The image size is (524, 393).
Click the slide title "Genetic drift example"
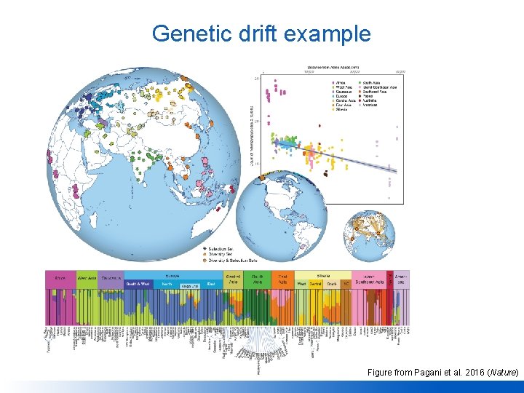coord(261,33)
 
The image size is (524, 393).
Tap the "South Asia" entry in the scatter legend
coord(376,82)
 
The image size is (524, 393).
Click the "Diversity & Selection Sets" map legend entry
coord(232,260)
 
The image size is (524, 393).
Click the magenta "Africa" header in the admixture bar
coord(60,278)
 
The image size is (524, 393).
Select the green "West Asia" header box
coord(87,278)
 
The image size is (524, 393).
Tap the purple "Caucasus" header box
coord(111,278)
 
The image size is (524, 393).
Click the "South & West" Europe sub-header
coord(138,283)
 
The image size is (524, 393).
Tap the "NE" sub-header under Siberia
coord(346,283)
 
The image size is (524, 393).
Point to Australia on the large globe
coord(212,218)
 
